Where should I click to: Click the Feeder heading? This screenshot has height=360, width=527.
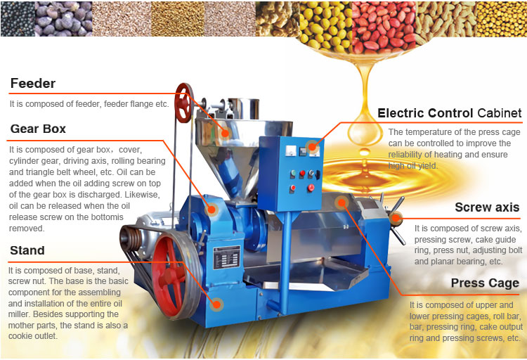(x=33, y=84)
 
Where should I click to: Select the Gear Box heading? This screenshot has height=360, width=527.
(x=38, y=129)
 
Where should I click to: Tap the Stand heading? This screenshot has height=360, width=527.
(x=27, y=250)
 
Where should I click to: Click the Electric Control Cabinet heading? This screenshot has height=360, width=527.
(x=450, y=113)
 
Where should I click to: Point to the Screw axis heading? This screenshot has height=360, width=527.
(x=487, y=207)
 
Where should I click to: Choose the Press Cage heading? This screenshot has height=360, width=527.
(x=485, y=283)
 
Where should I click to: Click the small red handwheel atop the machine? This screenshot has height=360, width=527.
(x=184, y=103)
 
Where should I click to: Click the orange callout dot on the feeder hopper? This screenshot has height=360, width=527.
(x=225, y=133)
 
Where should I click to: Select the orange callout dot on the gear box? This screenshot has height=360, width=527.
(x=212, y=210)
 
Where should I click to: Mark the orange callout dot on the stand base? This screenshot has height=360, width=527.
(x=217, y=304)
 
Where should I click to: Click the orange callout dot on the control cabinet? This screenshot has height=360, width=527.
(x=312, y=147)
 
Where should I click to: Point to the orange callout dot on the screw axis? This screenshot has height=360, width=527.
(x=396, y=218)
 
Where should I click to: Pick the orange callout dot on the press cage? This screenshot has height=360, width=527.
(x=341, y=202)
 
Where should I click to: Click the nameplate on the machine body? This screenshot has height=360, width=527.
(x=227, y=257)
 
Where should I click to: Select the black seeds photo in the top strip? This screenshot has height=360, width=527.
(x=18, y=19)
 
